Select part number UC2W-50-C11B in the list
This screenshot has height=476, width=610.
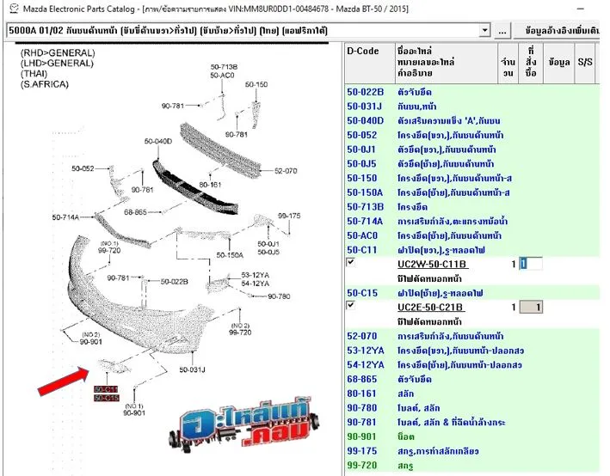click(x=432, y=264)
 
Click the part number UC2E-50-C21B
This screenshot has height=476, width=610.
click(x=432, y=308)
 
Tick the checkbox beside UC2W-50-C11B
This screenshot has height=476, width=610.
click(x=351, y=261)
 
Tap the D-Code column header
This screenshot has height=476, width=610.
click(x=363, y=51)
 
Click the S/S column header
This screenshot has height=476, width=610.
click(x=586, y=62)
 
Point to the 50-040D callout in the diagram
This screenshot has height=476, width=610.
click(x=158, y=141)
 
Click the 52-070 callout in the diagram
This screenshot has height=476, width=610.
click(x=286, y=171)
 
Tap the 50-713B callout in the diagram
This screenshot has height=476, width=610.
click(x=224, y=66)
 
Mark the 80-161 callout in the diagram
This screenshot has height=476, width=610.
click(x=211, y=185)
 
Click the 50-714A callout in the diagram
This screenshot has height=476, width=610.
click(x=65, y=217)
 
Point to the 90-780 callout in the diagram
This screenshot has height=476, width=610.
click(x=280, y=296)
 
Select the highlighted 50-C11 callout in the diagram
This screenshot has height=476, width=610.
click(x=106, y=389)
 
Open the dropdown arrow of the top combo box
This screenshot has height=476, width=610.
click(x=486, y=31)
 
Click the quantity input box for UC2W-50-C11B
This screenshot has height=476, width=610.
click(x=531, y=264)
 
